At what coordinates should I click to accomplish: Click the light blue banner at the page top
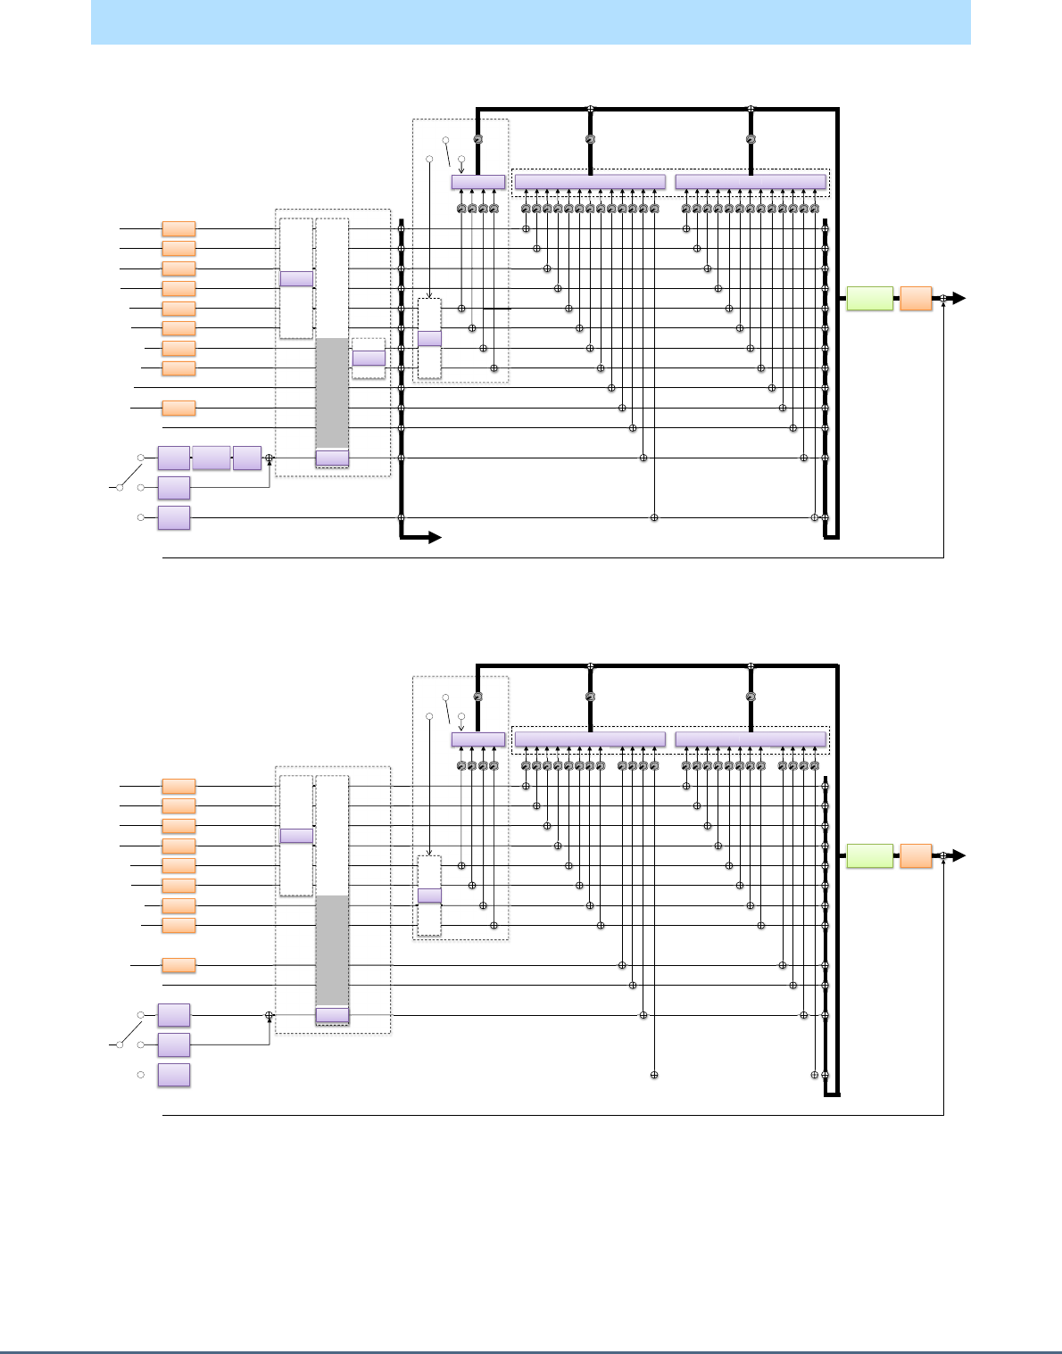[x=530, y=22]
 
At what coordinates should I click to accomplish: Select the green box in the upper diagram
[x=869, y=299]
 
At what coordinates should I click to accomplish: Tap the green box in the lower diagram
[x=869, y=856]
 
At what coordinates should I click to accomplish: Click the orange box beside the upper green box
[x=916, y=299]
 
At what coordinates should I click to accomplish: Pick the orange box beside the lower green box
[x=916, y=856]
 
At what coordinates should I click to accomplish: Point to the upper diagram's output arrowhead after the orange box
[x=959, y=299]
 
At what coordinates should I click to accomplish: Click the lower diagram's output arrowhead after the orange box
[x=959, y=856]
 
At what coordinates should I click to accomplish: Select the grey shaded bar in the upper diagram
[x=332, y=392]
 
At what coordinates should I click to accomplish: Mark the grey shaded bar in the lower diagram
[x=332, y=950]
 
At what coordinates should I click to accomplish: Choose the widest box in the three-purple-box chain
[x=211, y=458]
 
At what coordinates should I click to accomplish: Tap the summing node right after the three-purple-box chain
[x=270, y=458]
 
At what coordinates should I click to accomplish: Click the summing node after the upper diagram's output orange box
[x=943, y=299]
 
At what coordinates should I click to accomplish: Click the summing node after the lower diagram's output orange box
[x=943, y=856]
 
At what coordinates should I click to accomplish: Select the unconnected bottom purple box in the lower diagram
[x=174, y=1075]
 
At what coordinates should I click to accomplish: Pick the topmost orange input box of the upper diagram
[x=178, y=229]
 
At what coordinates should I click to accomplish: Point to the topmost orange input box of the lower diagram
[x=178, y=787]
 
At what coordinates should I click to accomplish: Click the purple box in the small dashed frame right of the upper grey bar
[x=369, y=359]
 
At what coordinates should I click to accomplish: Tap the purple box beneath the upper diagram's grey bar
[x=332, y=458]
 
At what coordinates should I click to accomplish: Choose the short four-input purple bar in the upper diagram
[x=478, y=182]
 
